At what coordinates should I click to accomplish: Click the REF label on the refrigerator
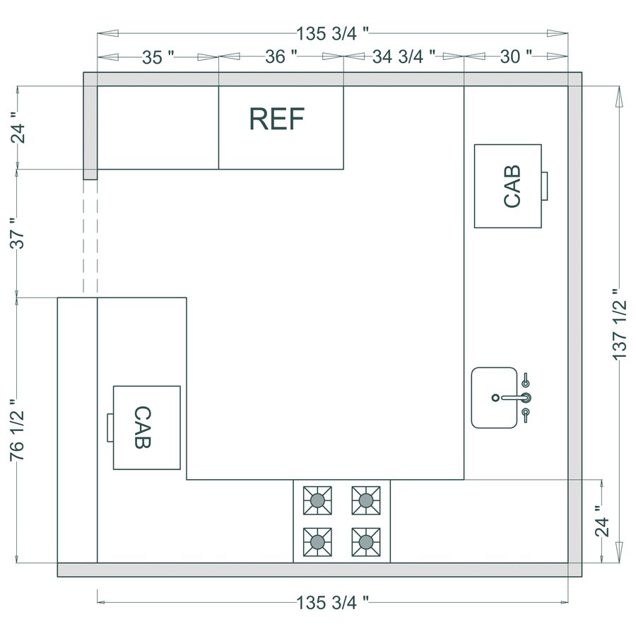click(276, 120)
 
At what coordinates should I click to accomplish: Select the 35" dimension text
click(158, 58)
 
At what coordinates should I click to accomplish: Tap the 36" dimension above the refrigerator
click(281, 58)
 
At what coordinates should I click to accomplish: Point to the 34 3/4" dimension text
click(404, 58)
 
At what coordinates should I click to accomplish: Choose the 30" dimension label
click(515, 58)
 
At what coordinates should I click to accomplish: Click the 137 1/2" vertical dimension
click(620, 325)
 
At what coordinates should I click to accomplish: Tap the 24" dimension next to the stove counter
click(601, 522)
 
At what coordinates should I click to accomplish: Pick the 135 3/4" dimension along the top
click(332, 33)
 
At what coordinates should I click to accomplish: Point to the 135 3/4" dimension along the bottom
click(332, 603)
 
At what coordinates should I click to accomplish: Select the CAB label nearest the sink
click(512, 187)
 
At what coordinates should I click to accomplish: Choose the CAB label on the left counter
click(141, 428)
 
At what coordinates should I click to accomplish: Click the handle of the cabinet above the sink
click(545, 187)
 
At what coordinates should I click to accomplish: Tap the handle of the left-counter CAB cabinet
click(110, 428)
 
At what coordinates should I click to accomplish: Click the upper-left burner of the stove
click(317, 500)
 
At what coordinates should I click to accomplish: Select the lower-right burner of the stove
click(365, 543)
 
